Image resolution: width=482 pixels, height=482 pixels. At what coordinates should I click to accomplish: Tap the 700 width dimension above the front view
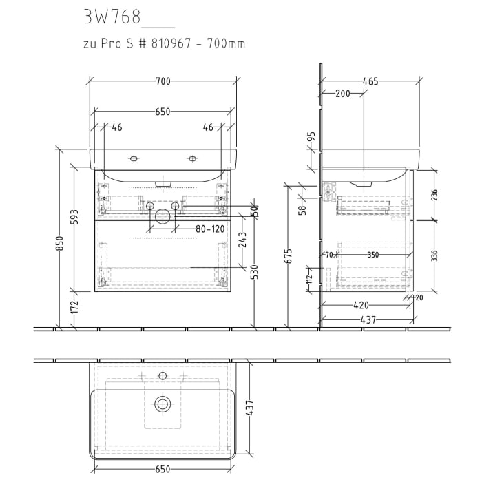click(163, 82)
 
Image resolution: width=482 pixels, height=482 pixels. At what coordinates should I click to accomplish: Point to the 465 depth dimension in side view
click(370, 82)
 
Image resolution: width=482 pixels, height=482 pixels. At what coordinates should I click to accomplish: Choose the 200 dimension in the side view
click(343, 94)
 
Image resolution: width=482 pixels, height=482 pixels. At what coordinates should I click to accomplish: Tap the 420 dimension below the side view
click(361, 305)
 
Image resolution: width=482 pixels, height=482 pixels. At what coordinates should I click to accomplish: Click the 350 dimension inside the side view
click(373, 255)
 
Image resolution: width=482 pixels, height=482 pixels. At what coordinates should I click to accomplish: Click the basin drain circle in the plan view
click(163, 404)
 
